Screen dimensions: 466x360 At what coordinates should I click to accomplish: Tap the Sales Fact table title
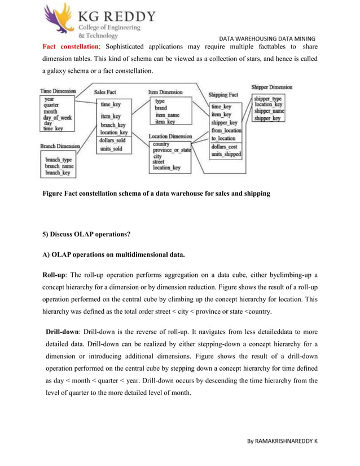(105, 91)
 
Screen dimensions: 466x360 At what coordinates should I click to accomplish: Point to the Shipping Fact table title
(223, 95)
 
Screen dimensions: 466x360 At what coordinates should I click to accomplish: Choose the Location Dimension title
(170, 137)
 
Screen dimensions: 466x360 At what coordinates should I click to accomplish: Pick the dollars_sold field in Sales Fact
(113, 140)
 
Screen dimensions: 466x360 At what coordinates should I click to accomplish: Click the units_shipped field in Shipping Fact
(226, 154)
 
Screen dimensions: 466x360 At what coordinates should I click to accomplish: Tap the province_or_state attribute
(173, 151)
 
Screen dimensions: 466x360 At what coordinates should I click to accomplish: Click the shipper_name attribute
(269, 111)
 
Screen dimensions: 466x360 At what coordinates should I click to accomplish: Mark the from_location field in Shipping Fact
(226, 130)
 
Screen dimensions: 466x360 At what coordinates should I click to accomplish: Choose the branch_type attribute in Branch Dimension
(59, 160)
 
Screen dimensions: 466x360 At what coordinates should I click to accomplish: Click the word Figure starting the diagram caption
(55, 194)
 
